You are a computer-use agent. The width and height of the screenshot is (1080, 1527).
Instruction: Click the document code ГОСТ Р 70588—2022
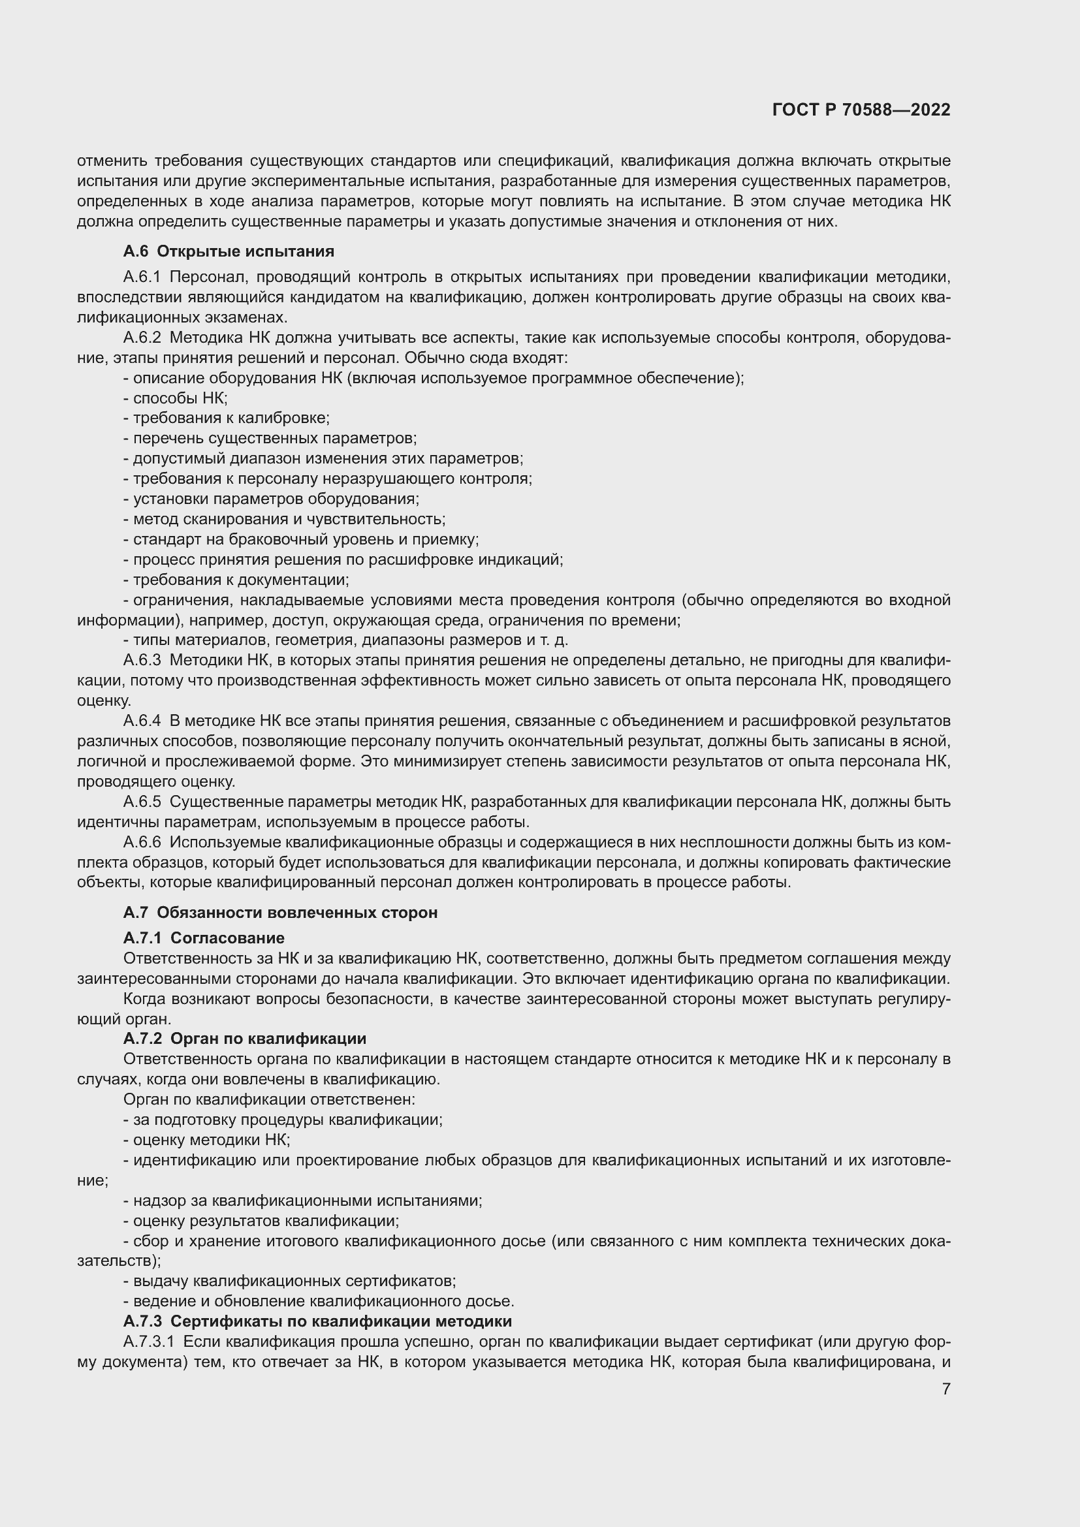861,110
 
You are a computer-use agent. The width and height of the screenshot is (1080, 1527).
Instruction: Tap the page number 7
945,1389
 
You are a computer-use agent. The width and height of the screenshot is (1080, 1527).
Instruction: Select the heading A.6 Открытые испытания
228,251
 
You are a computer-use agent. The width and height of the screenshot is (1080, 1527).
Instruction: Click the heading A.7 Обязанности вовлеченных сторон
280,913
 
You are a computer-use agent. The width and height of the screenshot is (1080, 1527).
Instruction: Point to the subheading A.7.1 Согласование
204,937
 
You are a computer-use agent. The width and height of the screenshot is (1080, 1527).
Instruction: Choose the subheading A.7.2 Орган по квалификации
244,1038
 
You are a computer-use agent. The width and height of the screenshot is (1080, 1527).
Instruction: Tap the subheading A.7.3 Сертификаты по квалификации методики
317,1321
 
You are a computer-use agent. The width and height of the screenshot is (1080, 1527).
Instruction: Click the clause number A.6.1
142,277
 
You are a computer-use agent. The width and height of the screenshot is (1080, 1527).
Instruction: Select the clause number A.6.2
142,338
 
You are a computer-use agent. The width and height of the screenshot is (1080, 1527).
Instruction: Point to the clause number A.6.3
142,660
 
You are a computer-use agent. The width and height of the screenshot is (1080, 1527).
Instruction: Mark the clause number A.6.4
142,720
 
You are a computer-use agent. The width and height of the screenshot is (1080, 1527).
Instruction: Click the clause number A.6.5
142,802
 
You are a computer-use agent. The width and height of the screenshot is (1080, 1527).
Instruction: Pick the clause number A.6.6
142,842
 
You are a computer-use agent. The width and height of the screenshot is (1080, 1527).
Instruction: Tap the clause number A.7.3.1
148,1342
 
